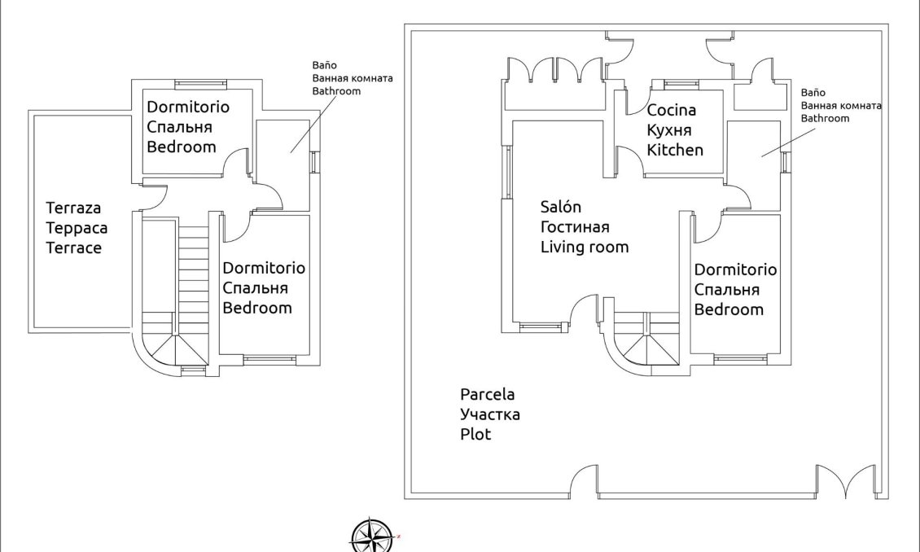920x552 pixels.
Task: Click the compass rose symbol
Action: click(x=371, y=536)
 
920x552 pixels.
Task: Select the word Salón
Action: click(x=561, y=207)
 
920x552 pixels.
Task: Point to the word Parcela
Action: click(x=487, y=394)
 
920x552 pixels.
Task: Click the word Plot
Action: click(x=475, y=435)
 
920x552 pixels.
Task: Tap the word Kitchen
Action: click(x=674, y=150)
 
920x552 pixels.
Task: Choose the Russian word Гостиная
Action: click(x=575, y=227)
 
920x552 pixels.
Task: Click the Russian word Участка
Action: click(x=489, y=414)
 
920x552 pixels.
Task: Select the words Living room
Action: click(x=584, y=247)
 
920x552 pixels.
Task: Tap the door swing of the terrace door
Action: click(x=155, y=198)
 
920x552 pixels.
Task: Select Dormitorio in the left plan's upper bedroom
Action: click(x=187, y=107)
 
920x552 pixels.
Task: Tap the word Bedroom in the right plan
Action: click(x=729, y=309)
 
